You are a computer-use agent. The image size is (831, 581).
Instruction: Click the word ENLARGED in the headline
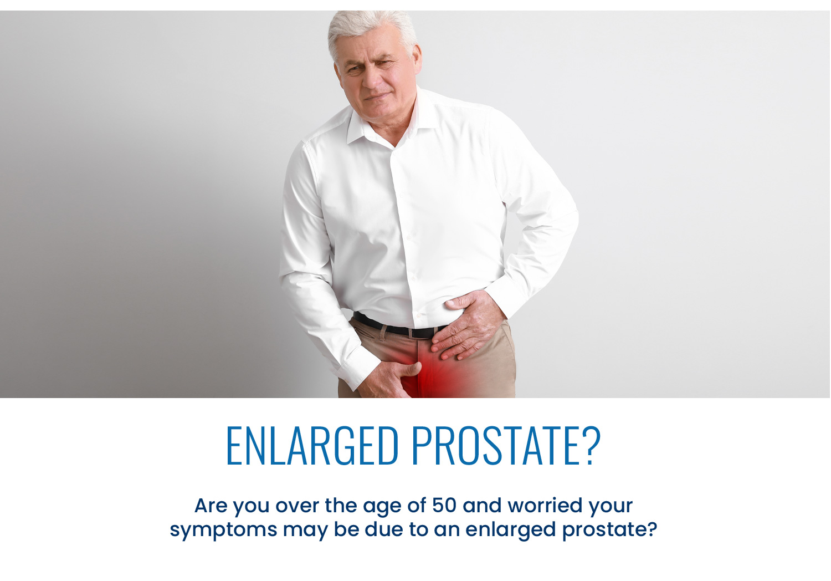pos(312,446)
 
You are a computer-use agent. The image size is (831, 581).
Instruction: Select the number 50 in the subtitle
pos(444,505)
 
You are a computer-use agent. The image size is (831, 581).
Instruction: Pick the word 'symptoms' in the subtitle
pos(223,530)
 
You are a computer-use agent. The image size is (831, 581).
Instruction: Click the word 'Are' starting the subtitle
pos(211,505)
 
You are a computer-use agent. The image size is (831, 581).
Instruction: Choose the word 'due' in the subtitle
pos(383,529)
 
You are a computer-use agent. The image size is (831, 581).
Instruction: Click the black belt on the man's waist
pos(397,327)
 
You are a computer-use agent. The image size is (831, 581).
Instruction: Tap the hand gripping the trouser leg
pos(389,379)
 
